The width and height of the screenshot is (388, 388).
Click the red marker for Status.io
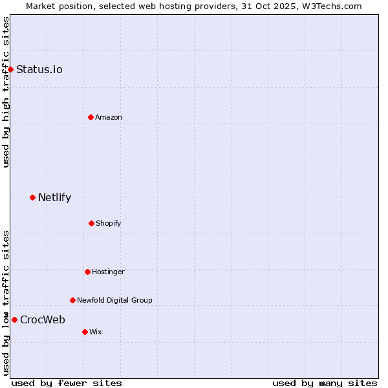pyautogui.click(x=10, y=69)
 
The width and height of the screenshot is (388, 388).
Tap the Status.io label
pyautogui.click(x=39, y=70)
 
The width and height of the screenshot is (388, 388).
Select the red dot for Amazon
pyautogui.click(x=91, y=117)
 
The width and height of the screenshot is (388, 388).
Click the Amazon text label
pyautogui.click(x=109, y=118)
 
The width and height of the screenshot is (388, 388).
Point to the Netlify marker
pyautogui.click(x=32, y=197)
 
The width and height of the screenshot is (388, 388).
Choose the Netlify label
pyautogui.click(x=54, y=198)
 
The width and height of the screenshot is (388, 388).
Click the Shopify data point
pyautogui.click(x=91, y=223)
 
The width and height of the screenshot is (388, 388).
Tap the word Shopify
pyautogui.click(x=109, y=224)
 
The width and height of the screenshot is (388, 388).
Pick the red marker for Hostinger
pyautogui.click(x=87, y=272)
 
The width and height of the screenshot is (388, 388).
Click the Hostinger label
pyautogui.click(x=108, y=272)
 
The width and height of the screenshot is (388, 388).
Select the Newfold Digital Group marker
pyautogui.click(x=72, y=300)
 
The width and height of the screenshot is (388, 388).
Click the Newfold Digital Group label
pyautogui.click(x=114, y=301)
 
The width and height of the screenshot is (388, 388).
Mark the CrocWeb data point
pyautogui.click(x=14, y=319)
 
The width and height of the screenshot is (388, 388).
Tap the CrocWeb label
pyautogui.click(x=43, y=320)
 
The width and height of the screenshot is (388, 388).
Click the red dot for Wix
pyautogui.click(x=85, y=332)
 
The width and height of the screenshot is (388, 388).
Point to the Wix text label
pyautogui.click(x=96, y=332)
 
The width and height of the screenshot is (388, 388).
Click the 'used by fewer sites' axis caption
pyautogui.click(x=67, y=383)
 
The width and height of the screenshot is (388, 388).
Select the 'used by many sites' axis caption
pyautogui.click(x=325, y=383)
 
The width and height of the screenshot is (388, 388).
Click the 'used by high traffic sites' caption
pyautogui.click(x=6, y=92)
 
